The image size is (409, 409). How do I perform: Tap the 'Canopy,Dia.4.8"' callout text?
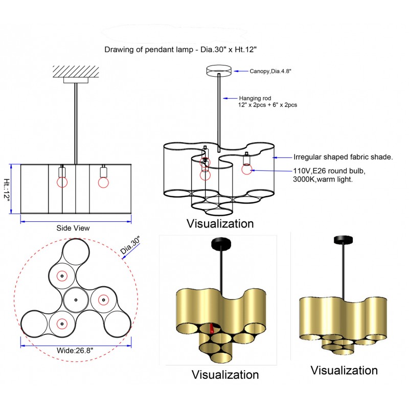[270, 72]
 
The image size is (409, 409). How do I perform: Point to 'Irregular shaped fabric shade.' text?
[343, 157]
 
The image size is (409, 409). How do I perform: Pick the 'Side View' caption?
[73, 228]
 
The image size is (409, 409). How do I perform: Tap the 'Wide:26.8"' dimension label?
[75, 351]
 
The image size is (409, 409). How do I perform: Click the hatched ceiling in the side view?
[76, 71]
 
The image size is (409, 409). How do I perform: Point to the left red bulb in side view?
[63, 181]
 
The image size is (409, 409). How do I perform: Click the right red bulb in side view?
[103, 181]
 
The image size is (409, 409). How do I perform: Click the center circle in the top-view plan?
[76, 300]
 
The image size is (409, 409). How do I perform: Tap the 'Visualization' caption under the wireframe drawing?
[220, 223]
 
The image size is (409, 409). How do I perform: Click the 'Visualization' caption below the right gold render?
[344, 370]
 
